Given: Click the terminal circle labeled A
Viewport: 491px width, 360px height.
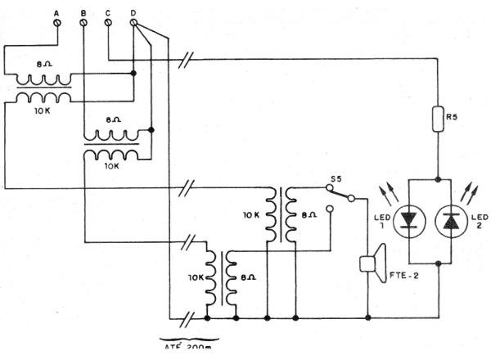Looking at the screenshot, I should pyautogui.click(x=57, y=24).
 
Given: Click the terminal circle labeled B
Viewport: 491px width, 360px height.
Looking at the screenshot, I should pyautogui.click(x=83, y=24).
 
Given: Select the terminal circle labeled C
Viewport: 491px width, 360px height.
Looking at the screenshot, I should pyautogui.click(x=109, y=24).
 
